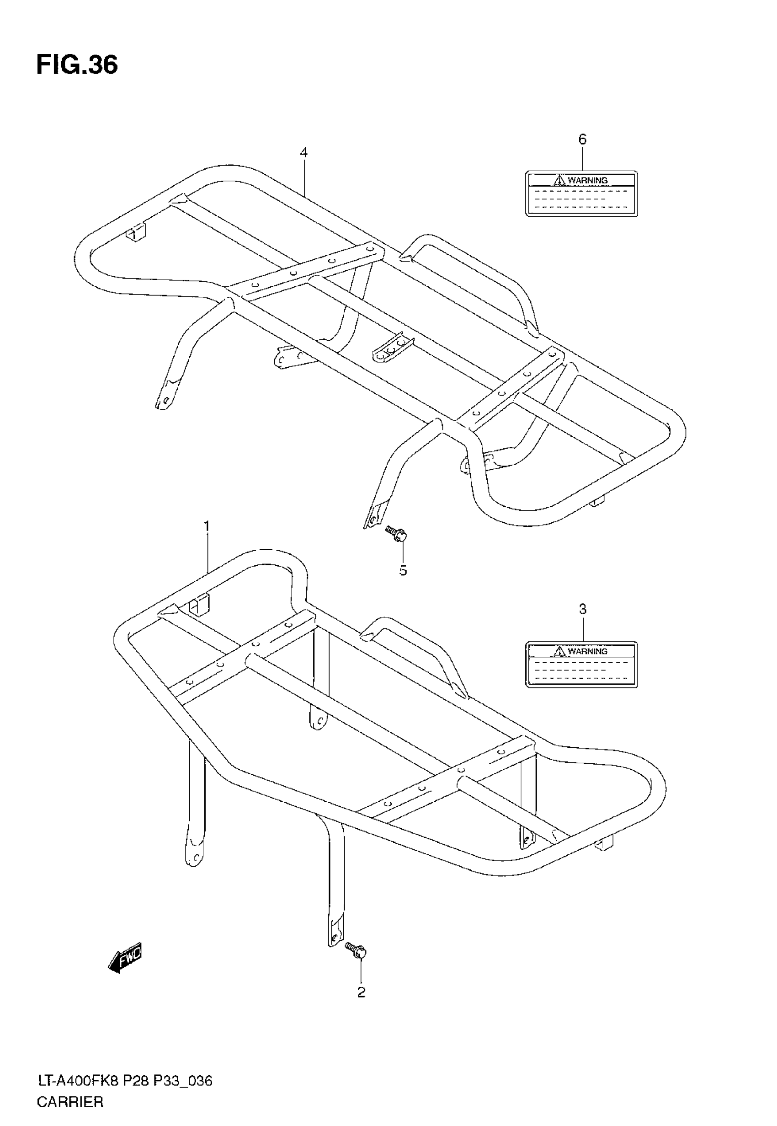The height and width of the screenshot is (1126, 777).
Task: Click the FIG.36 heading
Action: (x=77, y=65)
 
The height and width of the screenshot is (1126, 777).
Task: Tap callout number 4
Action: (x=304, y=152)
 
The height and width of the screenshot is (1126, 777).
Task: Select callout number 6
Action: (x=582, y=139)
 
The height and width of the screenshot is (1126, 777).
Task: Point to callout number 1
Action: (x=207, y=526)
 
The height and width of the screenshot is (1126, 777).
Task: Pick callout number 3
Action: (x=583, y=609)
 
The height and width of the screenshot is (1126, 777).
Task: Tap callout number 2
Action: (x=361, y=992)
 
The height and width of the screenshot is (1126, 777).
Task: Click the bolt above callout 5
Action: (x=396, y=534)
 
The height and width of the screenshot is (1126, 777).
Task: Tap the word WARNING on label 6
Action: (x=588, y=181)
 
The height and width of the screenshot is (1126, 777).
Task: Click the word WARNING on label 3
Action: (x=588, y=651)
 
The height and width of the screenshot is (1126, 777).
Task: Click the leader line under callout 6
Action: (x=582, y=159)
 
